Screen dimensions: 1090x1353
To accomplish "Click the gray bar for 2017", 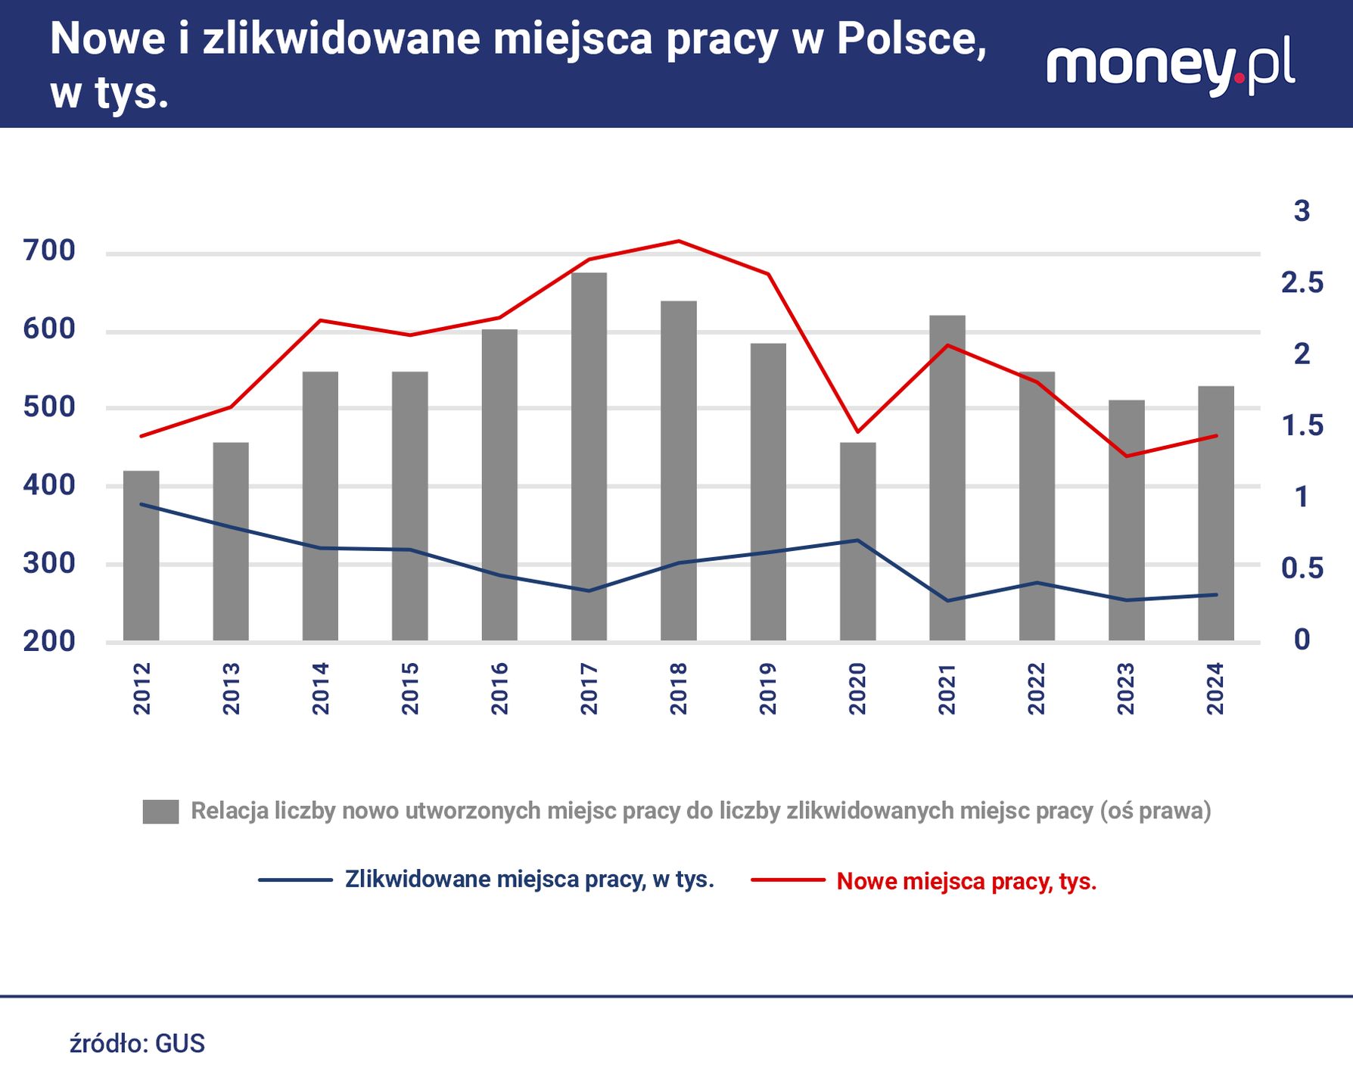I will [589, 454].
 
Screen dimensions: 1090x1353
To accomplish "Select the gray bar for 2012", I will [142, 556].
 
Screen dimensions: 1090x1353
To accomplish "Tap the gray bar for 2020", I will [857, 541].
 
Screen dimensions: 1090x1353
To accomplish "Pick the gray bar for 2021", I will [947, 477].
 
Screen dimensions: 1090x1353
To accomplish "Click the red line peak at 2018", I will [679, 241].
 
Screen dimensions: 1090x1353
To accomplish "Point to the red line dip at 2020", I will [857, 431].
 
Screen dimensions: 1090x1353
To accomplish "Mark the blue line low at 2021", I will [947, 601].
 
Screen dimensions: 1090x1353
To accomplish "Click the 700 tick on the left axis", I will [49, 251].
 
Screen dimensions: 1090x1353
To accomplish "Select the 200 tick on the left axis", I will [49, 641].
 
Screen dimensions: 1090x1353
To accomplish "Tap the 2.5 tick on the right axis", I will [1302, 282].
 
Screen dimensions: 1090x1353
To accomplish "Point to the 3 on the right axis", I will [1302, 211].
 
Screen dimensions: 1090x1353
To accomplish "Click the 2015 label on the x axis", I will [410, 688].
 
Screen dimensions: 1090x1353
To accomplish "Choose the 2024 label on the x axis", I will [1215, 688].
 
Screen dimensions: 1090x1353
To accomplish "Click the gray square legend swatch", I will [160, 811].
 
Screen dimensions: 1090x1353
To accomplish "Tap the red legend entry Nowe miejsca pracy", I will [966, 881].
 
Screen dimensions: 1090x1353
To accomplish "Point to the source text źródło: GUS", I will [137, 1044].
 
